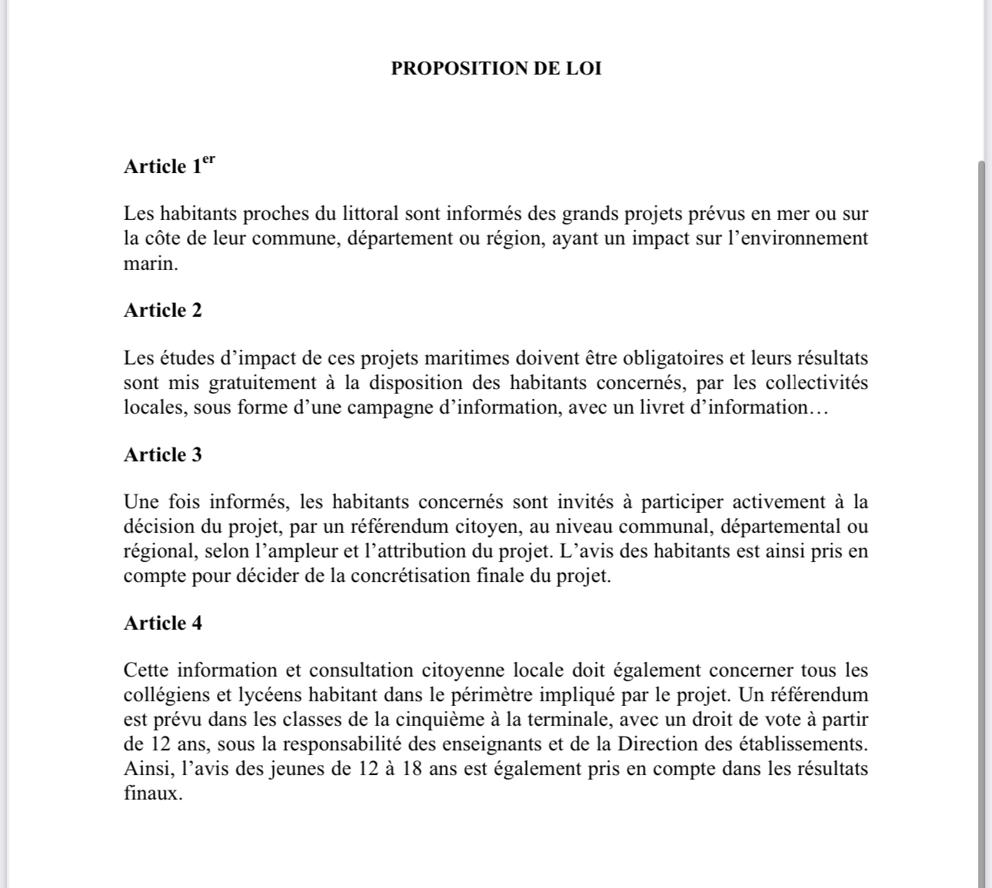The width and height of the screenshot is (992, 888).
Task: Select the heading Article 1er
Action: point(169,165)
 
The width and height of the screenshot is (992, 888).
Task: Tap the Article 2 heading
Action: point(163,310)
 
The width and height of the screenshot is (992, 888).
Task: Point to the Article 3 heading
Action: point(163,454)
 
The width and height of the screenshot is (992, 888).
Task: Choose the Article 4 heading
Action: point(163,623)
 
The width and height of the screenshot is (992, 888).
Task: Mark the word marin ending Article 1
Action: point(148,263)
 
